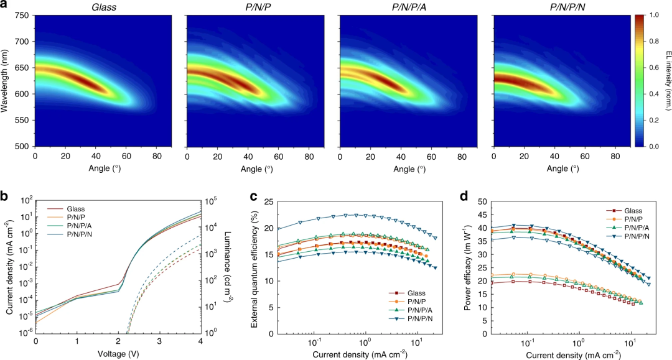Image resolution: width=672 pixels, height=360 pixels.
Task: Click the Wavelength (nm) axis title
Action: point(6,81)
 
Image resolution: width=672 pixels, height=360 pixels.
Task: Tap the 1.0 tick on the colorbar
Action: point(655,15)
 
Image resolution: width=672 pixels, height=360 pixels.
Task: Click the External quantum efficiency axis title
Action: point(254,267)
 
